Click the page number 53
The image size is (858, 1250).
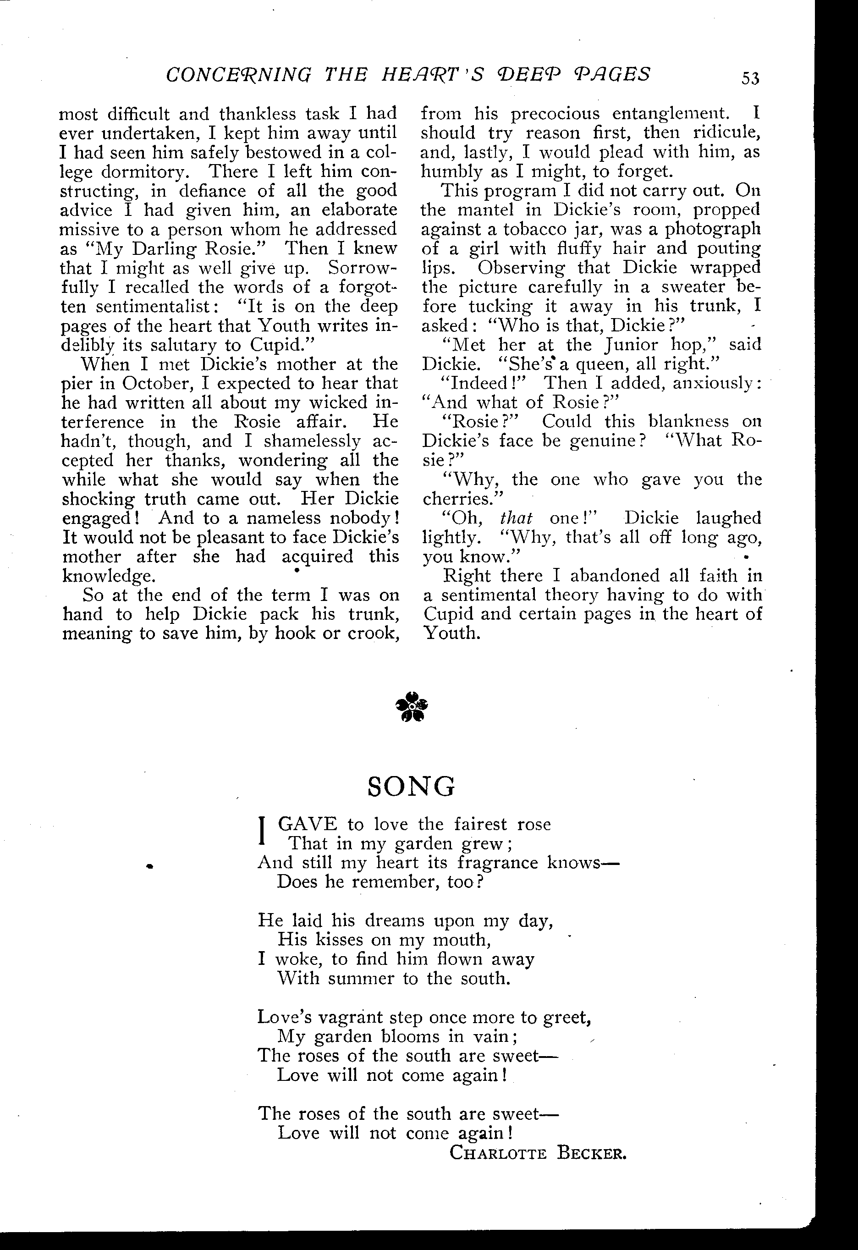pos(750,78)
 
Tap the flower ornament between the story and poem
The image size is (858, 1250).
pos(412,706)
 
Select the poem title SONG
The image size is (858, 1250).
pos(412,787)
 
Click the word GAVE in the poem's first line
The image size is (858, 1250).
pos(308,825)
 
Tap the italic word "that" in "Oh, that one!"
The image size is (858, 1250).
pos(516,518)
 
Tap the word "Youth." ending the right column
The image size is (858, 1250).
pos(451,633)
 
